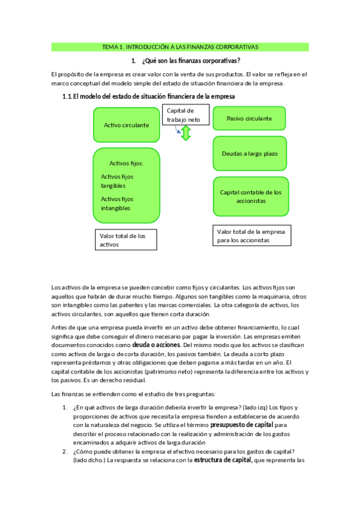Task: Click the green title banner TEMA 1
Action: (x=180, y=47)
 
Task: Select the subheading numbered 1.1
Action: (x=148, y=96)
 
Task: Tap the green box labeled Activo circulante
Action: (x=126, y=125)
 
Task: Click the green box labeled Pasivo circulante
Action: (x=249, y=118)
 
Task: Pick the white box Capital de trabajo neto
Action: (x=186, y=115)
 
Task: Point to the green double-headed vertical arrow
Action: (x=186, y=134)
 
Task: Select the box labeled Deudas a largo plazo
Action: (x=249, y=153)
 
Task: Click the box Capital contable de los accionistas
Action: (x=250, y=197)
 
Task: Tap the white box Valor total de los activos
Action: (x=126, y=240)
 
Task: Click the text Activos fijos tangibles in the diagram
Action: (x=117, y=181)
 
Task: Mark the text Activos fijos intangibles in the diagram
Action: (x=117, y=203)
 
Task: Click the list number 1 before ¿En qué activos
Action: (x=65, y=408)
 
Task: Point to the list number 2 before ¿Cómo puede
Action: (x=65, y=452)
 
